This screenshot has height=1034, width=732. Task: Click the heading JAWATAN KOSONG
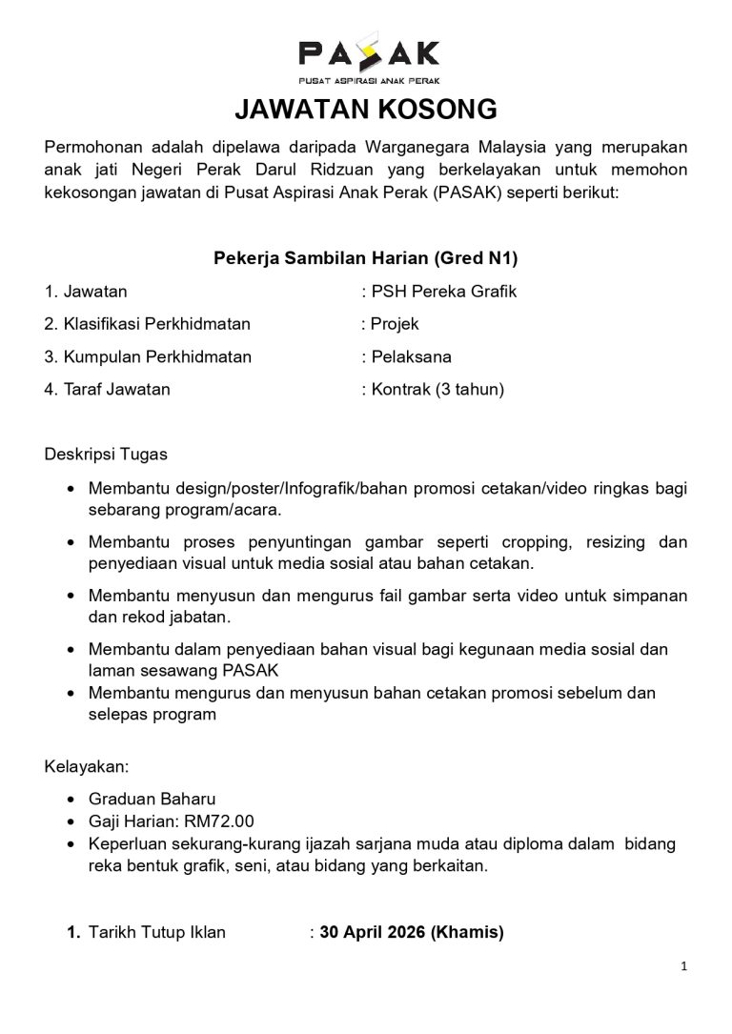[366, 111]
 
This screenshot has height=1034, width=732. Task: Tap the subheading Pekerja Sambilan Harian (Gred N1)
[365, 257]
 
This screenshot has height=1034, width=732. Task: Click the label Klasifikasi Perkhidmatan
[148, 324]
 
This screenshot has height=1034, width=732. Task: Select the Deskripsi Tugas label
[106, 455]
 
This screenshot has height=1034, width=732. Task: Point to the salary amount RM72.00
[224, 821]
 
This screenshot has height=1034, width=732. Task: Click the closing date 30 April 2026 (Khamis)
[412, 933]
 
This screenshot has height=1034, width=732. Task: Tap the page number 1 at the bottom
[684, 966]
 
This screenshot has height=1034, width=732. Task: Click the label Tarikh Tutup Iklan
[157, 933]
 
